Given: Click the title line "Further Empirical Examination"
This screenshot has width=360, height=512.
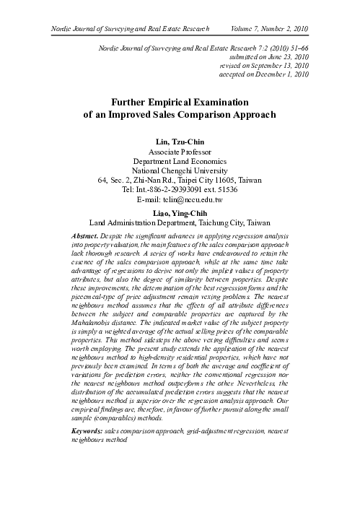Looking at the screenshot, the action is [x=180, y=103].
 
